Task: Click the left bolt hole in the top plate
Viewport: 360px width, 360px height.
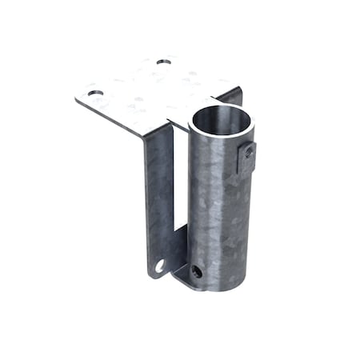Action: pyautogui.click(x=96, y=94)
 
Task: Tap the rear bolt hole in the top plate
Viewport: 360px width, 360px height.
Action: pyautogui.click(x=164, y=61)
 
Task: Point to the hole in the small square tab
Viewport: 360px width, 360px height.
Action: pyautogui.click(x=249, y=151)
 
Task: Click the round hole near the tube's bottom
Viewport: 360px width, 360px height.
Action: pyautogui.click(x=197, y=271)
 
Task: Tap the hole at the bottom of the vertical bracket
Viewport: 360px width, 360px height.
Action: pyautogui.click(x=160, y=265)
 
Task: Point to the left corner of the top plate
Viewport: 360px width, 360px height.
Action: pyautogui.click(x=78, y=99)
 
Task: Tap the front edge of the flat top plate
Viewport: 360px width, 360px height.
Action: pyautogui.click(x=120, y=120)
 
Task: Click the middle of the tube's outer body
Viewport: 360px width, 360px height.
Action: pyautogui.click(x=219, y=208)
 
